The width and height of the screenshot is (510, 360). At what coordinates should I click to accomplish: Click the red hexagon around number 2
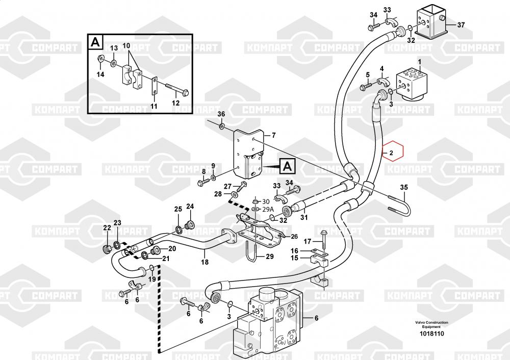click(x=392, y=152)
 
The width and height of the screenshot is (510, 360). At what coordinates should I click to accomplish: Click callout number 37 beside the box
click(x=461, y=25)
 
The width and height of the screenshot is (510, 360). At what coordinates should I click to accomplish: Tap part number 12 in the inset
click(x=175, y=102)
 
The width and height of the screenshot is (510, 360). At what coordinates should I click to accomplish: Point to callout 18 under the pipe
click(x=205, y=263)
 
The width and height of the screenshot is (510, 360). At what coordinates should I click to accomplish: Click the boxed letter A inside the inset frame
click(x=95, y=42)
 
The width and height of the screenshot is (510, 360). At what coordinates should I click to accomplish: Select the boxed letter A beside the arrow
click(x=287, y=166)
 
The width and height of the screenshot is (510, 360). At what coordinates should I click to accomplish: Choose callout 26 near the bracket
click(x=294, y=236)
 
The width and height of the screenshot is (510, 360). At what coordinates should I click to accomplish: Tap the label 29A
click(x=268, y=210)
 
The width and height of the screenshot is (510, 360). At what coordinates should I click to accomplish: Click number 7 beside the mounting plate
click(x=273, y=135)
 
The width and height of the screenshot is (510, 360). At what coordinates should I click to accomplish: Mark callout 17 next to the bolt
click(x=308, y=241)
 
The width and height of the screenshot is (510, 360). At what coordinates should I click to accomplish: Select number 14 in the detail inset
click(x=100, y=74)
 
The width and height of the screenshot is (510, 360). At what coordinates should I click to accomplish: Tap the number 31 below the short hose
click(x=304, y=218)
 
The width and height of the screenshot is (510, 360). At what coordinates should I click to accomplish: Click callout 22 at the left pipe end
click(x=107, y=227)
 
